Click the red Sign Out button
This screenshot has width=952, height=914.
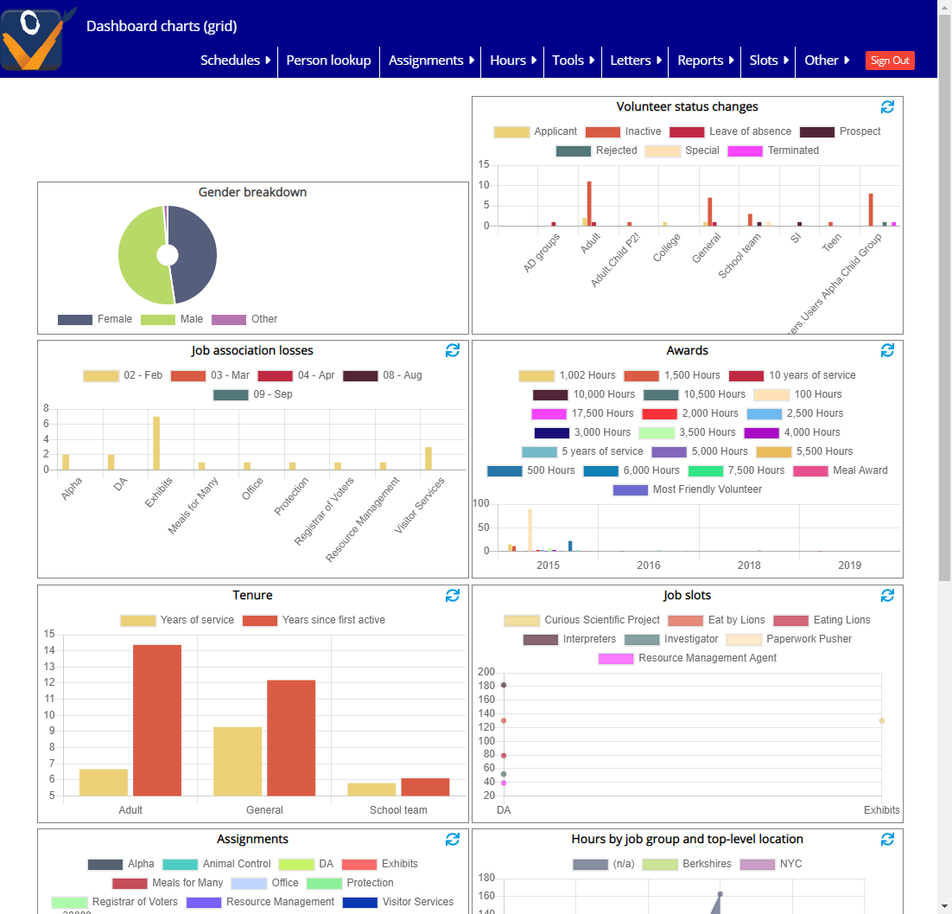pos(890,61)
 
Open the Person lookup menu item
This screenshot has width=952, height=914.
pos(328,61)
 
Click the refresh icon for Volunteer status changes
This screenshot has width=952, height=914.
pos(887,107)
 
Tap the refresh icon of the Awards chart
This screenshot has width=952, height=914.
pos(887,350)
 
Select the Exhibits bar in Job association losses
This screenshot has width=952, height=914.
pos(156,443)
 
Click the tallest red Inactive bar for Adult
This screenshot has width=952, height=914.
pos(589,203)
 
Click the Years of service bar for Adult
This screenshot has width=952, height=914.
pos(104,782)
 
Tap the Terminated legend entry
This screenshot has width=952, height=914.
pos(773,150)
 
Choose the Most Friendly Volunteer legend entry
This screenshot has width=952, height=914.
pos(688,489)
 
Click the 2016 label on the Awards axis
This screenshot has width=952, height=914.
pos(649,566)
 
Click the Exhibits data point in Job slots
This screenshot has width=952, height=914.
pos(882,720)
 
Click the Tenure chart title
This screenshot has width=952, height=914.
pos(253,595)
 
